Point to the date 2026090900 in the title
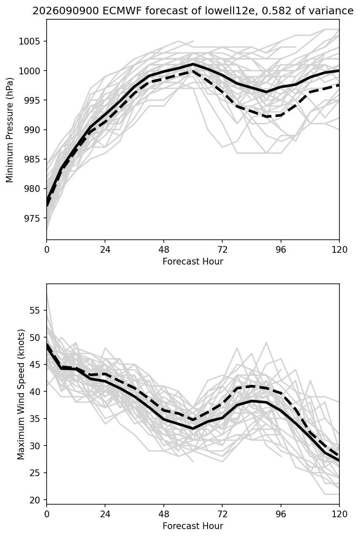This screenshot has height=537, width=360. point(66,11)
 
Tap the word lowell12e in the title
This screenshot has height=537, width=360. point(229,11)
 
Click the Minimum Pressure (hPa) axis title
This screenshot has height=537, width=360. point(9,130)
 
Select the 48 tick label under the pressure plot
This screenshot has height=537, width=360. point(164,250)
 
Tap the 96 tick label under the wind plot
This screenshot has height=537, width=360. point(281,514)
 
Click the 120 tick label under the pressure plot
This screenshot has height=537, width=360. point(339,250)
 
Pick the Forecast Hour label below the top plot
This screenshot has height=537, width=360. point(193,261)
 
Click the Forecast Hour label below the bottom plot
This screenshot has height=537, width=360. point(193,526)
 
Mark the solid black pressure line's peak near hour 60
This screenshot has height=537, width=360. point(193,64)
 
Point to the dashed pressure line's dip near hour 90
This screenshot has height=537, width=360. point(267,116)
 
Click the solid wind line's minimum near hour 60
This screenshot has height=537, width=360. point(193,429)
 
